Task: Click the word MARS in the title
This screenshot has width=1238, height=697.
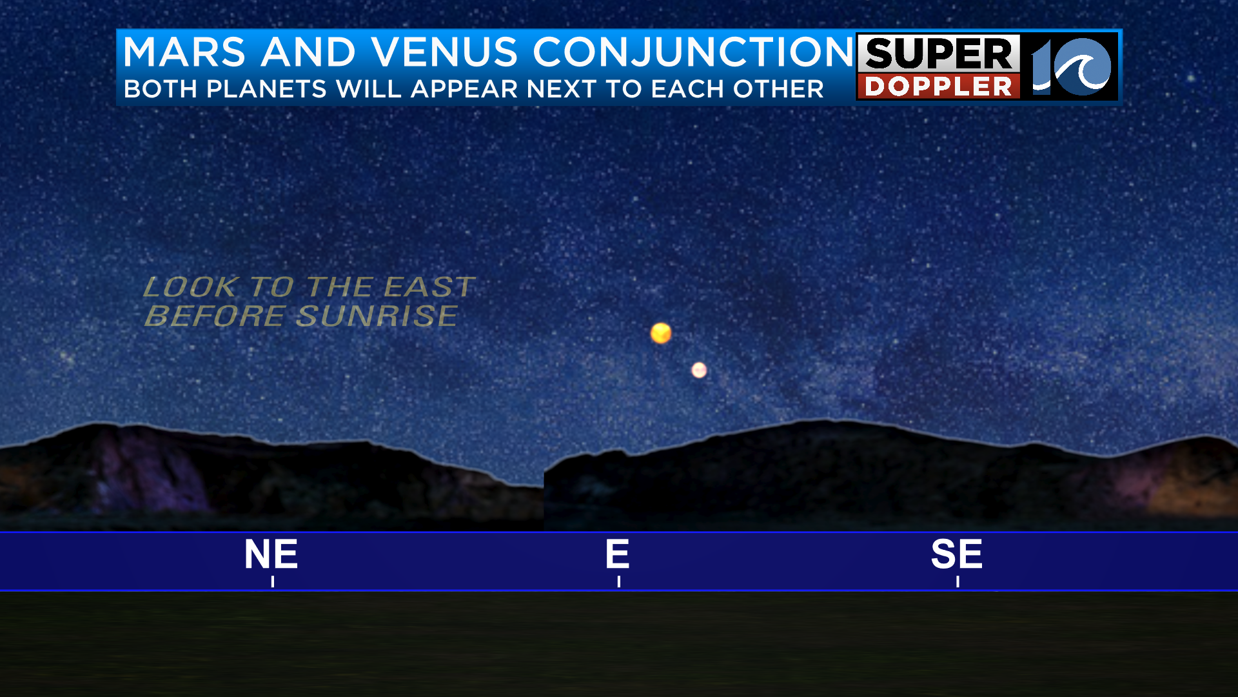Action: (184, 52)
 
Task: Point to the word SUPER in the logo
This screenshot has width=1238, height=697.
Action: (939, 54)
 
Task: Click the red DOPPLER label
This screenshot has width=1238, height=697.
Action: (938, 86)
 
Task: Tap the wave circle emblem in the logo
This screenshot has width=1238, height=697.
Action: (1081, 66)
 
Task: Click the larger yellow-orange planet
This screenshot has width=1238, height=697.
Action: (661, 333)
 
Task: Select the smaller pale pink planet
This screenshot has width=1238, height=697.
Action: (699, 370)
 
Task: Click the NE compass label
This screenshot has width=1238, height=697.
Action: (271, 554)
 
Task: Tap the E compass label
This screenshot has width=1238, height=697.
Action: (617, 554)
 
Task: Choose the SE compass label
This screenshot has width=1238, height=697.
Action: (957, 554)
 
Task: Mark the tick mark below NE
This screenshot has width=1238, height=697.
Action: (273, 581)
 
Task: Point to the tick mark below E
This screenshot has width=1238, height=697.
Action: (619, 581)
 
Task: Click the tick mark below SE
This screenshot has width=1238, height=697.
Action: (958, 581)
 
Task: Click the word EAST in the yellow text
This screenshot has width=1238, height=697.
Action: (430, 287)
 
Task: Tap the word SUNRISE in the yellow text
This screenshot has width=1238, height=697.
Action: (377, 316)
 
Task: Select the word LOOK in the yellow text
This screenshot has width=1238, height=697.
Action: (191, 287)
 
